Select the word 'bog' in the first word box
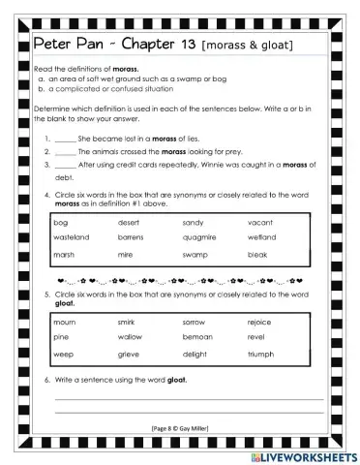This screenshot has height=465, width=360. (x=60, y=222)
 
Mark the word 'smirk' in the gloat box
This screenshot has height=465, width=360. (x=127, y=321)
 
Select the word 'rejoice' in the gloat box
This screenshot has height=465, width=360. (x=260, y=321)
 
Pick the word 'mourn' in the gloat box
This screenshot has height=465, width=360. (x=65, y=321)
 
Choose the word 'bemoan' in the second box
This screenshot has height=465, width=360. (x=196, y=337)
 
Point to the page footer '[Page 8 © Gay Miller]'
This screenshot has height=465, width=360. (x=181, y=426)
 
